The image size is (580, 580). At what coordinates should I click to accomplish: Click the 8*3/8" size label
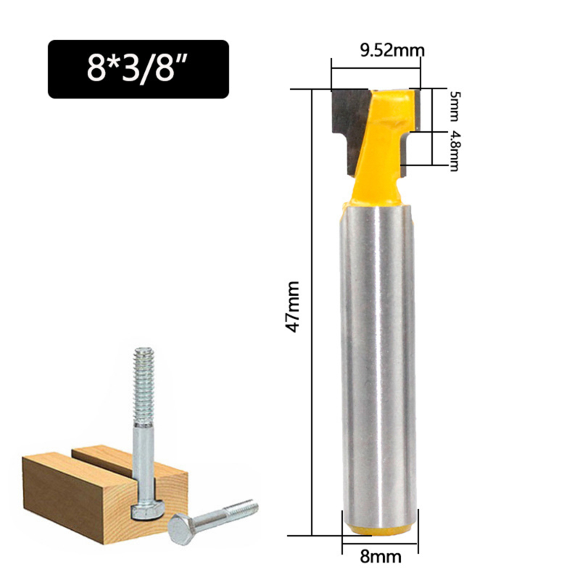[x=138, y=69]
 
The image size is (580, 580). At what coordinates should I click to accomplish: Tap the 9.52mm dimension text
[x=391, y=50]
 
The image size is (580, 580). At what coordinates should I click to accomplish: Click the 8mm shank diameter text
[x=380, y=559]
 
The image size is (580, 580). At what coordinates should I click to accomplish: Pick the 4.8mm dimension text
[x=455, y=150]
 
